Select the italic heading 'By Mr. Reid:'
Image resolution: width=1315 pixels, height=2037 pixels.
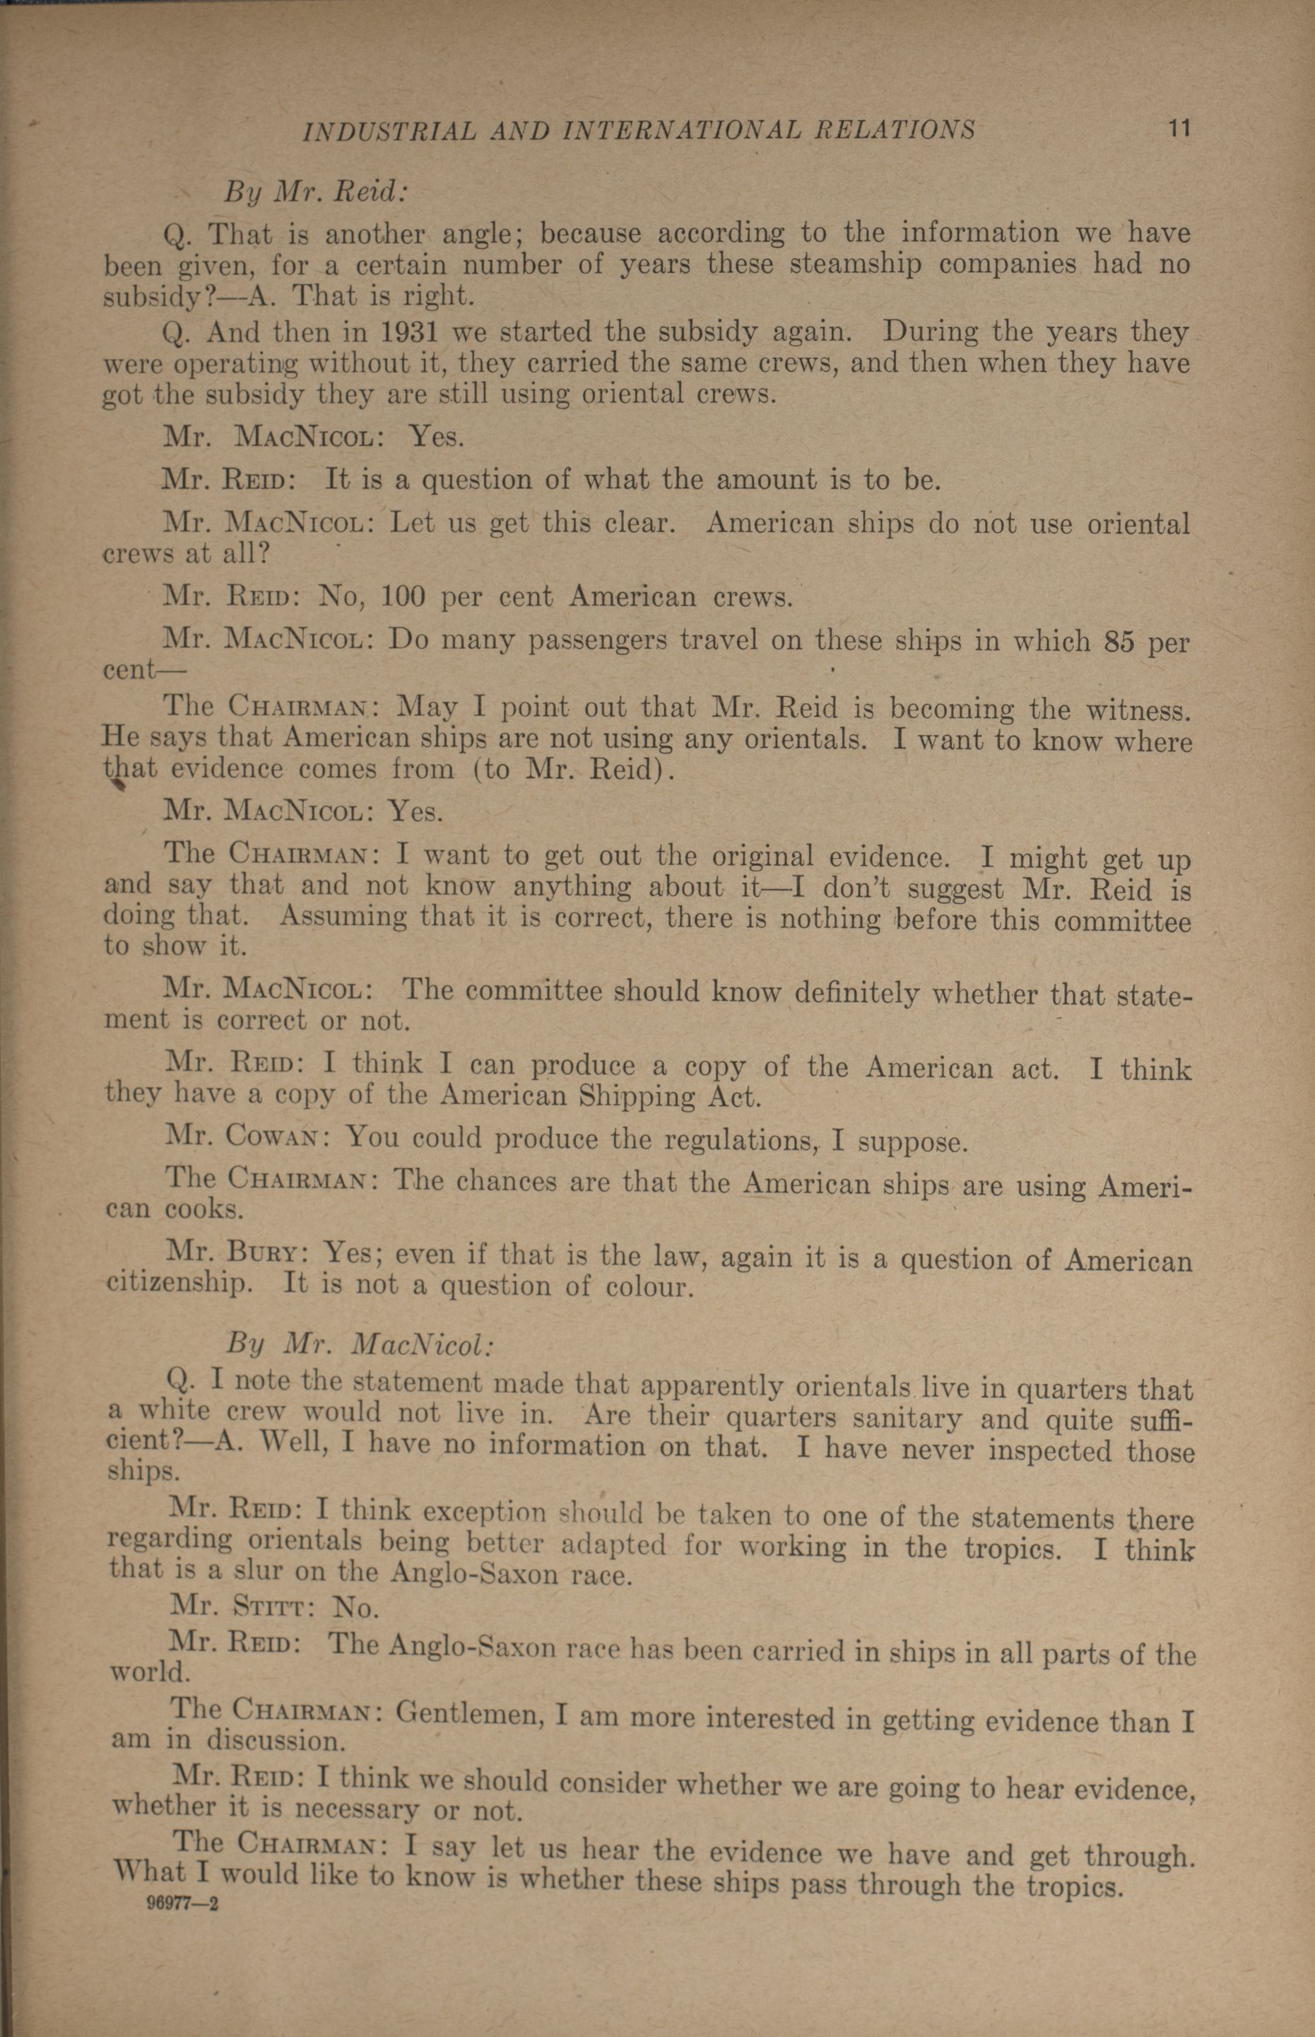tap(316, 192)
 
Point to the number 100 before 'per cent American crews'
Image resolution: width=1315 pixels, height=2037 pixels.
tap(402, 596)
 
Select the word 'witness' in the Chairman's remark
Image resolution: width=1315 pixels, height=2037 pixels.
tap(1138, 709)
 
